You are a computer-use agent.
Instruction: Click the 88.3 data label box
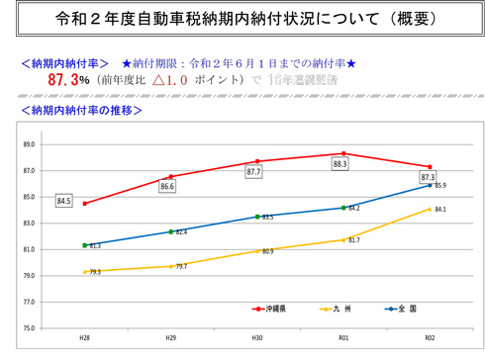tap(339, 164)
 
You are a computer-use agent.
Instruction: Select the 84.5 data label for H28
tap(64, 201)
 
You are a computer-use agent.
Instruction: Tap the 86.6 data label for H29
tap(167, 186)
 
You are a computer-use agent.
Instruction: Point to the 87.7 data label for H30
tap(253, 172)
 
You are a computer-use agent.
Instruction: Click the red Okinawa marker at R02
tap(430, 167)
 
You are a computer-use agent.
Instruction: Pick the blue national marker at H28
tap(85, 245)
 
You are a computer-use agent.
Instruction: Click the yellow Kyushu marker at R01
tap(343, 239)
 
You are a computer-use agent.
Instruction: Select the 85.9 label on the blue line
tap(440, 186)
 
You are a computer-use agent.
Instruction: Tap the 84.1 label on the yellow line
tap(440, 210)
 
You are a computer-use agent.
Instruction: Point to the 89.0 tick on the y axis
tap(29, 144)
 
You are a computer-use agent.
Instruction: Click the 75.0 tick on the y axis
tap(29, 327)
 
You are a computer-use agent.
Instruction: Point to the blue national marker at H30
tap(257, 217)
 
